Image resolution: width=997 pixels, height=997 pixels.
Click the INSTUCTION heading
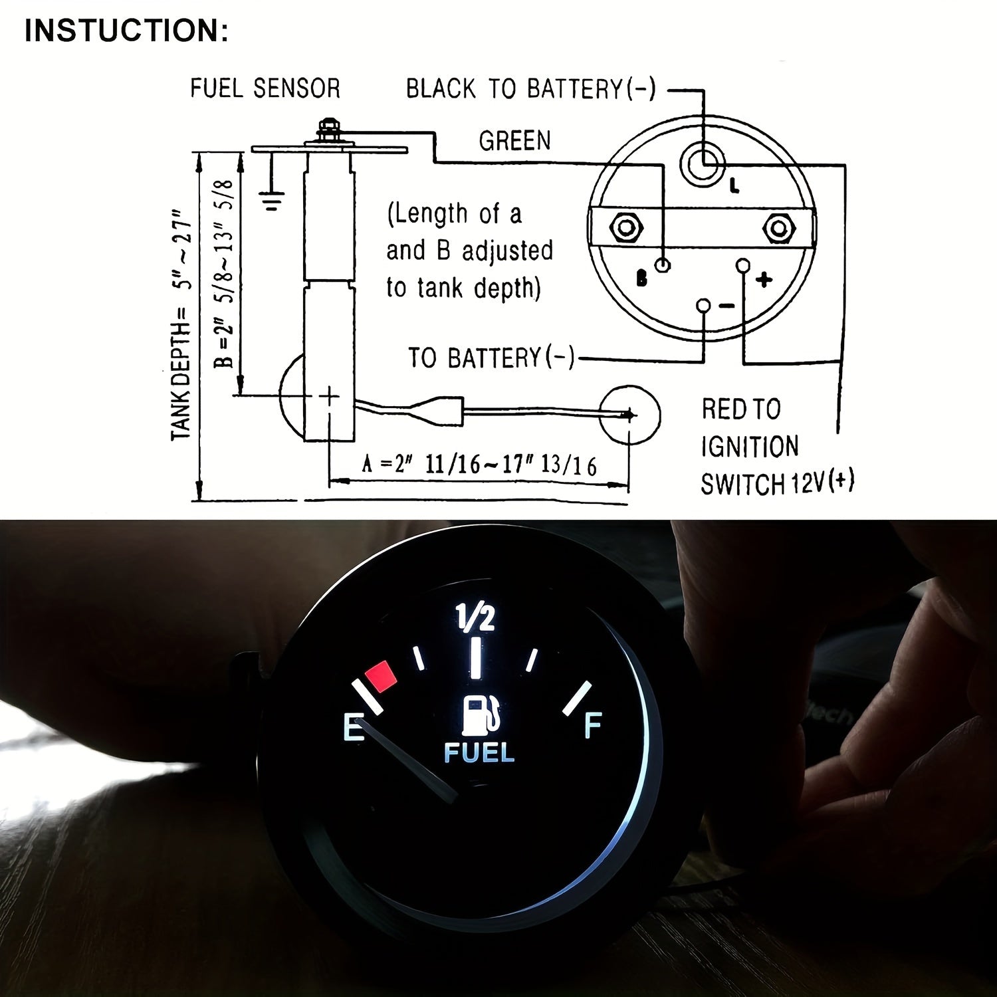coord(126,31)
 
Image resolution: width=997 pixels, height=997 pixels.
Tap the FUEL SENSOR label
coord(265,88)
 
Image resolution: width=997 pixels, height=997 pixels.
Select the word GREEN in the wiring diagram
coord(514,141)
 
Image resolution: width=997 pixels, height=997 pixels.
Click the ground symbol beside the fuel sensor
coord(272,199)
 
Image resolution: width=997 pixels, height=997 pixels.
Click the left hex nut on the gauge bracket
coord(625,227)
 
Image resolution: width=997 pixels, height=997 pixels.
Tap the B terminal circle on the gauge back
coord(663,265)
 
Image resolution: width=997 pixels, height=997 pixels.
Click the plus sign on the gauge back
coord(764,279)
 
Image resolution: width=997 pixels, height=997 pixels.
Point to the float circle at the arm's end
coord(629,415)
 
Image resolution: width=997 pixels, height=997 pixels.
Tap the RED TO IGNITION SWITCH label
coord(777,447)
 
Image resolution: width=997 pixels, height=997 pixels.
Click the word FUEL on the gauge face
coord(479,753)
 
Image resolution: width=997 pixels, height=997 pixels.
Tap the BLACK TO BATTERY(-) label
coord(530,88)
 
